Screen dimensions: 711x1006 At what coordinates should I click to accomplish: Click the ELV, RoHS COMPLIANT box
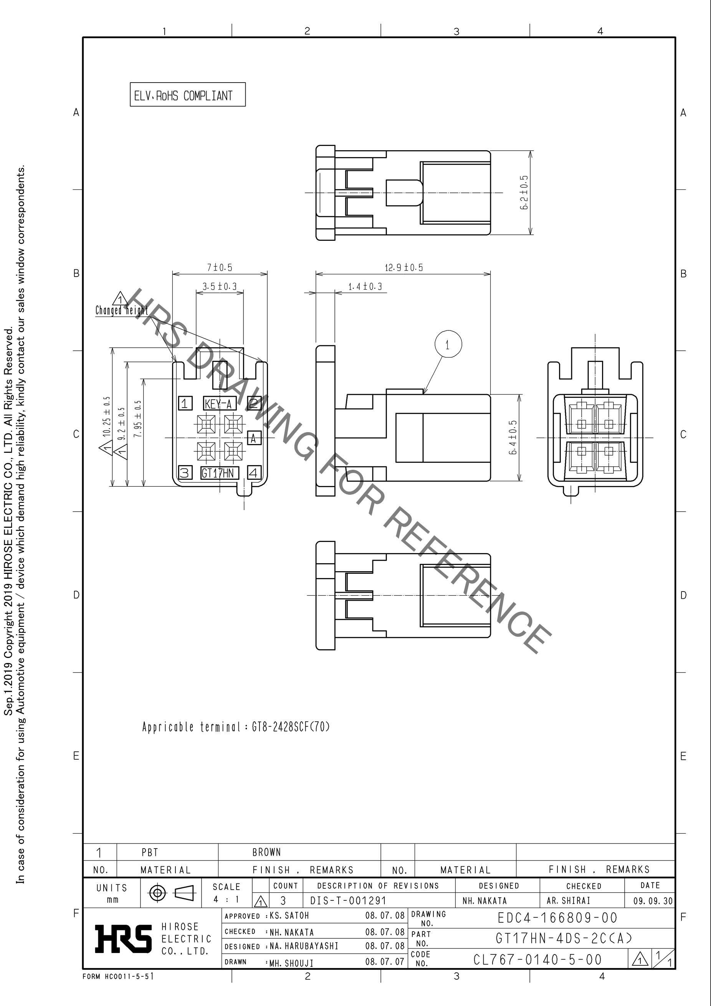point(187,94)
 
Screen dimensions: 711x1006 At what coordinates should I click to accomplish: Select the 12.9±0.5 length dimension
point(403,267)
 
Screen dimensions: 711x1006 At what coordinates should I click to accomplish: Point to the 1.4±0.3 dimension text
point(365,287)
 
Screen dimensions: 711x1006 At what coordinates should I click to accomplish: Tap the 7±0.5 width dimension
point(219,267)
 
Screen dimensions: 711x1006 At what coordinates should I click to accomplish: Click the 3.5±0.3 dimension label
point(219,287)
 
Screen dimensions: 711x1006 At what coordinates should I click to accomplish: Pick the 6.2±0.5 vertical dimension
point(524,192)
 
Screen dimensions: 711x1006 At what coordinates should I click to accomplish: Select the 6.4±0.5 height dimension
point(513,437)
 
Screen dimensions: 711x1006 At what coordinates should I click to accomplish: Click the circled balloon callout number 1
point(448,345)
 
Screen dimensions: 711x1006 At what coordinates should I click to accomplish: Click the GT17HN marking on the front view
point(220,473)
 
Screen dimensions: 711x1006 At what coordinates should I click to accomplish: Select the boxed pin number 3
point(185,473)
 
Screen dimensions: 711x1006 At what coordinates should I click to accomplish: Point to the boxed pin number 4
point(255,473)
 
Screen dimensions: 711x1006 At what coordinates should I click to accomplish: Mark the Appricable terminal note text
point(236,727)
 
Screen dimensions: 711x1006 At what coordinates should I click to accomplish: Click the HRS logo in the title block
point(124,939)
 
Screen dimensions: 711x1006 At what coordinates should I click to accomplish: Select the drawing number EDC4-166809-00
point(557,918)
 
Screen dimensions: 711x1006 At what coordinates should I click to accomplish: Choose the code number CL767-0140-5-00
point(537,960)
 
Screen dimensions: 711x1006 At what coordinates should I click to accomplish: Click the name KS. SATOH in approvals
point(289,916)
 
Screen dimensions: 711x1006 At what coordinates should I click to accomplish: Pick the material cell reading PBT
point(150,852)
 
